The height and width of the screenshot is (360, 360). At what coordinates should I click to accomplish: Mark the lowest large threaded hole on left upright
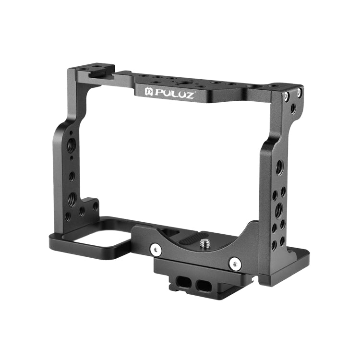[x=72, y=199]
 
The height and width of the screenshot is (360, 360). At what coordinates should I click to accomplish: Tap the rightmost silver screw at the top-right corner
[x=300, y=92]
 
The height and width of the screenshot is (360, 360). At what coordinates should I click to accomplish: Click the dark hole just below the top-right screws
[x=293, y=109]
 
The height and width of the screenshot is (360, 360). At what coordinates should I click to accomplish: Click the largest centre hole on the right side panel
[x=278, y=208]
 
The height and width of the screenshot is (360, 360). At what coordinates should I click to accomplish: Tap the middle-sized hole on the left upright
[x=72, y=176]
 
